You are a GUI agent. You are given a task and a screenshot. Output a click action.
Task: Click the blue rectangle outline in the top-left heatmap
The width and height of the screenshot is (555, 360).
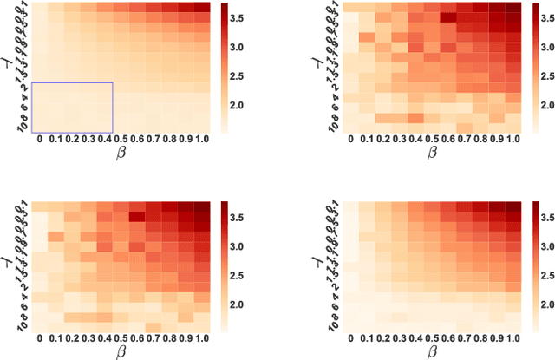[x=72, y=82]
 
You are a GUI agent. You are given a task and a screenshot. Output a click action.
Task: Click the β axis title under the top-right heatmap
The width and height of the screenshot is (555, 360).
[x=432, y=154]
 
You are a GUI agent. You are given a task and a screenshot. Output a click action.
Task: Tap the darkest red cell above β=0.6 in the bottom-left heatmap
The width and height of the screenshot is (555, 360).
[x=136, y=217]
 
